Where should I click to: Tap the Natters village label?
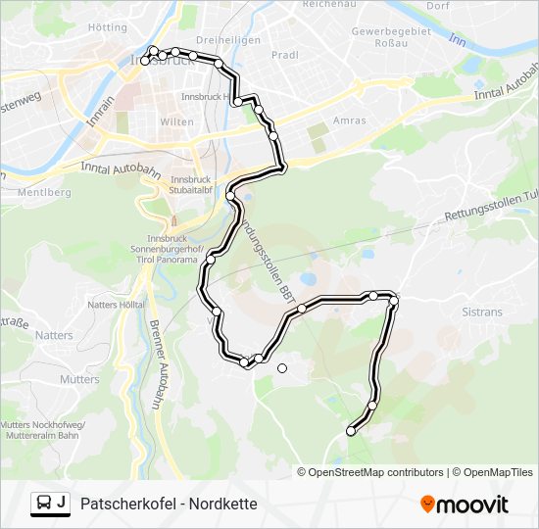(x=53, y=335)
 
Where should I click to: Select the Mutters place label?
(x=79, y=379)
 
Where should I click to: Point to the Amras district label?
(x=350, y=120)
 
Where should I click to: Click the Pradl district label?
(x=284, y=56)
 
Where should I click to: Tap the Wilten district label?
(x=177, y=121)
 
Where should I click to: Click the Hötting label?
(x=108, y=27)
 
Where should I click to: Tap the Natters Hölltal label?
(x=118, y=306)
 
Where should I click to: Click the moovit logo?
(x=465, y=505)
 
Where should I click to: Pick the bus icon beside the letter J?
(x=44, y=505)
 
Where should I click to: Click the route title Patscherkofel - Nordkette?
(x=169, y=505)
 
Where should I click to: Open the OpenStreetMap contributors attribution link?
(x=376, y=472)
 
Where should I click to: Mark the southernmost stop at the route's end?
(x=351, y=431)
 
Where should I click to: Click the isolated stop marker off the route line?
(x=282, y=368)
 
